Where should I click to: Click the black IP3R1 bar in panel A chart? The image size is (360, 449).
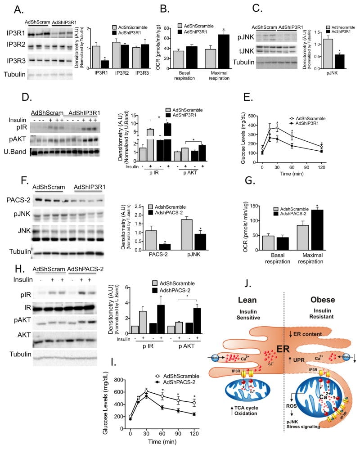click(104, 63)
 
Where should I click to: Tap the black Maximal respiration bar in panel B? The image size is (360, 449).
click(223, 48)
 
